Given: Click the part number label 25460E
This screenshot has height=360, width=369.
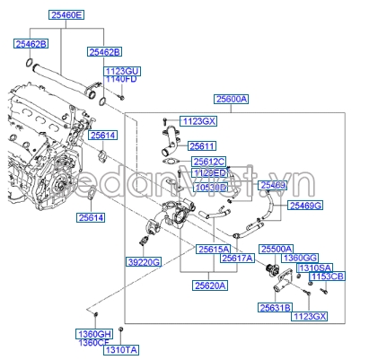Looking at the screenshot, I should tap(66, 16).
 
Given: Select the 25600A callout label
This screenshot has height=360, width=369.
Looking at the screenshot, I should tap(232, 101).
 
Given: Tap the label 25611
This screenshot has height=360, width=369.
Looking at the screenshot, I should tap(203, 146).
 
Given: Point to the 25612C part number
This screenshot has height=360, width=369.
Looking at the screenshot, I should tap(209, 162).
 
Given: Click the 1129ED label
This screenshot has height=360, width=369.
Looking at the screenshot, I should tap(209, 173).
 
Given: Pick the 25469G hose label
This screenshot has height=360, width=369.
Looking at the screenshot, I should tap(306, 206).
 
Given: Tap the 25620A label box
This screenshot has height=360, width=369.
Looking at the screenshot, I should tap(209, 285).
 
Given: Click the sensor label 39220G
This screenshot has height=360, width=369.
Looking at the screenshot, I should tap(143, 262).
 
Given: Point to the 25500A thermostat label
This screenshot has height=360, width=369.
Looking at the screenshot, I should tap(277, 248).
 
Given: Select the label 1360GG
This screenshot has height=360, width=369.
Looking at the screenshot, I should tap(299, 258).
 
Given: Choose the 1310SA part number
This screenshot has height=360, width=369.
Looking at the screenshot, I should tap(314, 268).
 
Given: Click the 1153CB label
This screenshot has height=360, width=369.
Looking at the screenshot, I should tap(327, 277).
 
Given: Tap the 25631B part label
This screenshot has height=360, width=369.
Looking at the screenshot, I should tap(275, 307).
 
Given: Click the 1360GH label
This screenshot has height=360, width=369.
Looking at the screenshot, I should tap(93, 333).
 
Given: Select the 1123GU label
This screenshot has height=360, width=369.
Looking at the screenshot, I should tap(123, 70).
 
